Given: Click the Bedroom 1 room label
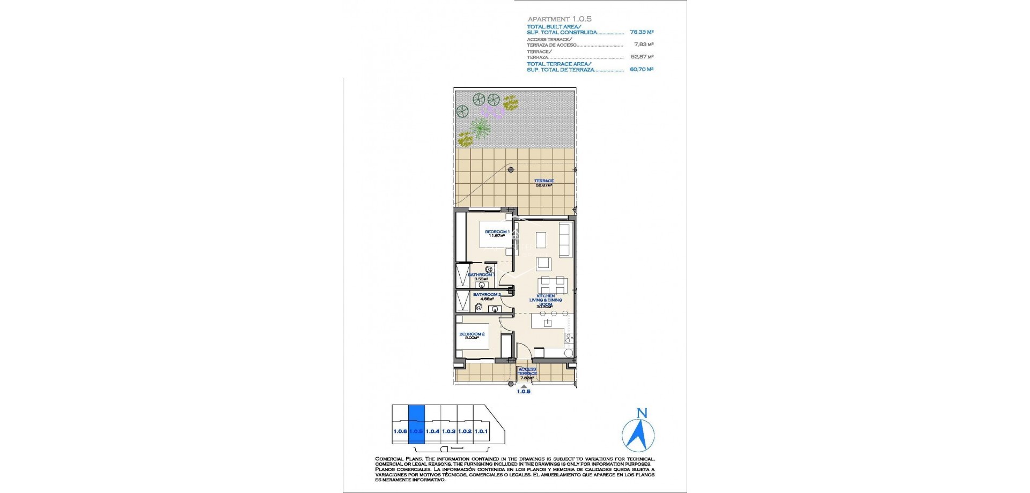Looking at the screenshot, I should click(x=497, y=232).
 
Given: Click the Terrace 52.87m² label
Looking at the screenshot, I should click(x=543, y=183).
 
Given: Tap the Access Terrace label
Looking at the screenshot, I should click(x=527, y=371).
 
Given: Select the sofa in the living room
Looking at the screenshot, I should click(x=565, y=240).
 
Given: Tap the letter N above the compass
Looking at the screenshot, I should click(x=642, y=413).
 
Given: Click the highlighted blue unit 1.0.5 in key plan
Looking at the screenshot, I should click(x=416, y=431).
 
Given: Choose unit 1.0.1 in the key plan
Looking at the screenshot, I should click(x=481, y=431).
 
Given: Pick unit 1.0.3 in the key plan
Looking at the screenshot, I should click(x=448, y=431).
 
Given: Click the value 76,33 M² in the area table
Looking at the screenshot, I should click(x=641, y=32).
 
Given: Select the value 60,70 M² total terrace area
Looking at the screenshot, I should click(x=641, y=69).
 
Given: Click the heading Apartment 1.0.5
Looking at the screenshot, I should click(x=559, y=19).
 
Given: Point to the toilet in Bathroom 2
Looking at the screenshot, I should click(x=479, y=308).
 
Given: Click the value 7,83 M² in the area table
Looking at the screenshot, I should click(x=643, y=45).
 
